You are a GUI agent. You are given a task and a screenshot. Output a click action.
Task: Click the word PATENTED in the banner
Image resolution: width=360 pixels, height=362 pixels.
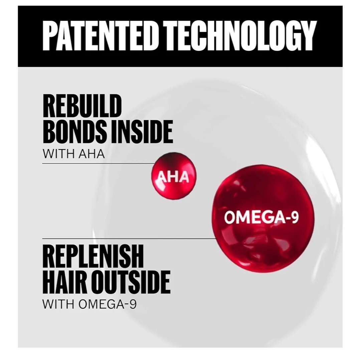click(98, 36)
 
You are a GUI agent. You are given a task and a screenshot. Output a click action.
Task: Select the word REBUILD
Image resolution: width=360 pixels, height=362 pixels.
click(82, 106)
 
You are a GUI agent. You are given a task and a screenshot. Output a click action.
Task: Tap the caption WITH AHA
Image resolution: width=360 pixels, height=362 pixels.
click(73, 154)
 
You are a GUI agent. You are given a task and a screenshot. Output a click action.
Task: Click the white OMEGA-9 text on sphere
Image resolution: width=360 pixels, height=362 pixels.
click(261, 217)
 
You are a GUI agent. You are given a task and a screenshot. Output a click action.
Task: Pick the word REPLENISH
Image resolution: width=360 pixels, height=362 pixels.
click(93, 256)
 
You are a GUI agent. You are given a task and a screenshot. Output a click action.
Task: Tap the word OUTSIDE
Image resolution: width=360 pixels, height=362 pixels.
click(130, 282)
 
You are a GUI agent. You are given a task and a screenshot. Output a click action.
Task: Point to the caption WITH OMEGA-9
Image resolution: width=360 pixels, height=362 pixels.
click(89, 304)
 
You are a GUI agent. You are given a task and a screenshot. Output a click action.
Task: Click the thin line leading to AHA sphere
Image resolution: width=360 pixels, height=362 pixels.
click(99, 163)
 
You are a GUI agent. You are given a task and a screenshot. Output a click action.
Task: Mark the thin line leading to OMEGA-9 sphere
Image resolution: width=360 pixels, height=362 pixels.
click(129, 238)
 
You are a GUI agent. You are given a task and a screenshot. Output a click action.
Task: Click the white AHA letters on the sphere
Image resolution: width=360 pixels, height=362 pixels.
click(173, 177)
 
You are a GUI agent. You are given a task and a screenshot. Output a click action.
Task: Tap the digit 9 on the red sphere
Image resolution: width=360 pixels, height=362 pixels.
click(295, 217)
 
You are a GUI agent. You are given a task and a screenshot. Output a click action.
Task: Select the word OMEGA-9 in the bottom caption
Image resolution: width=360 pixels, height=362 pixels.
click(108, 304)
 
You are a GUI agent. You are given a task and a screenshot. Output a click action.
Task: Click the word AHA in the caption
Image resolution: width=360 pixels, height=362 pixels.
click(92, 154)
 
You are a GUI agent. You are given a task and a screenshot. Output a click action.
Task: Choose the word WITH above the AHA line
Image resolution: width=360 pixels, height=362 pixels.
click(59, 154)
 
